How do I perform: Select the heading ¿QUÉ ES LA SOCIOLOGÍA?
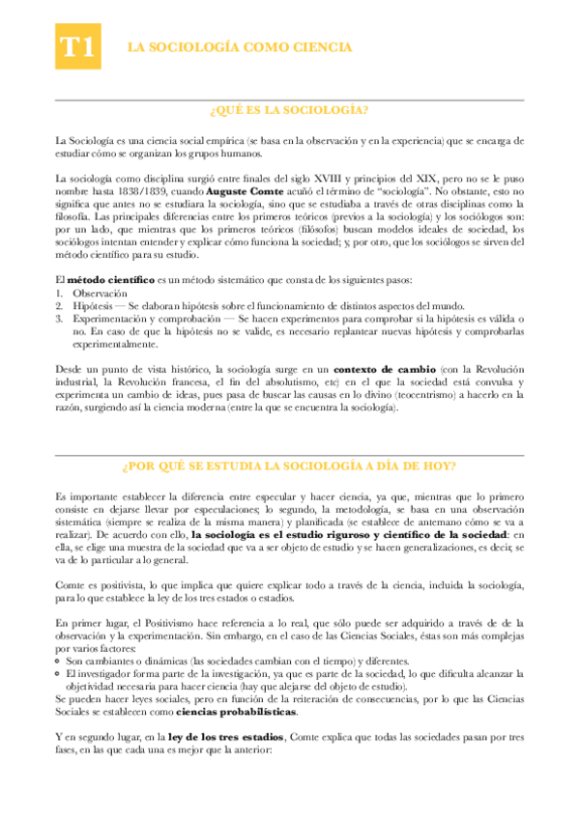pyautogui.click(x=289, y=111)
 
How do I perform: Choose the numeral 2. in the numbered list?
pyautogui.click(x=59, y=304)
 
